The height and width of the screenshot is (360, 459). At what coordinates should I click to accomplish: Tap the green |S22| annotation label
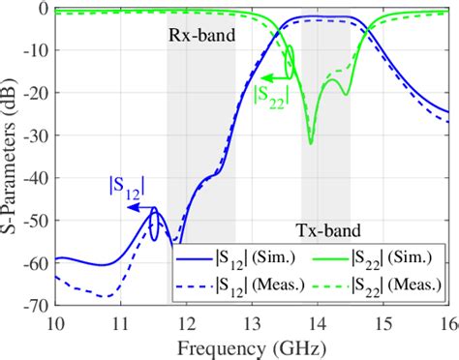pos(270,95)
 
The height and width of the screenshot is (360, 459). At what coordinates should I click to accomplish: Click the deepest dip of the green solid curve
pos(311,143)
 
